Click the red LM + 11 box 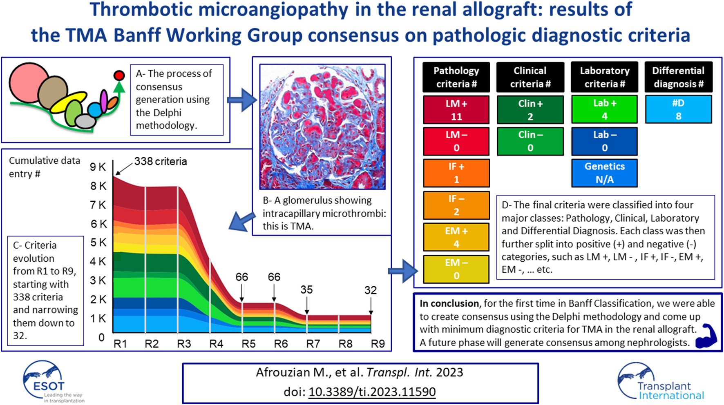[x=456, y=110]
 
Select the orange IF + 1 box [x=456, y=173]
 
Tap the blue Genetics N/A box [x=604, y=173]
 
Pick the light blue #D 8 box [x=679, y=109]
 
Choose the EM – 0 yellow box [x=456, y=269]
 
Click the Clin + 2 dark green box [x=530, y=110]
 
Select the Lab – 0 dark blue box [x=604, y=141]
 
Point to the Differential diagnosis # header [x=679, y=77]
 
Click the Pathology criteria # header [x=456, y=77]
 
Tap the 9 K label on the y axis [x=98, y=167]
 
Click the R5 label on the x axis [x=248, y=344]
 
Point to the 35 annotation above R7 [x=306, y=289]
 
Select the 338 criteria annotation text [x=161, y=161]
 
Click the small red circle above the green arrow [x=119, y=76]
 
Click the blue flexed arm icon [x=706, y=336]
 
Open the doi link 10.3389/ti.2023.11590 [x=372, y=392]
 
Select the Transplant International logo [x=661, y=382]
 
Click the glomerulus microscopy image [x=322, y=127]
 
